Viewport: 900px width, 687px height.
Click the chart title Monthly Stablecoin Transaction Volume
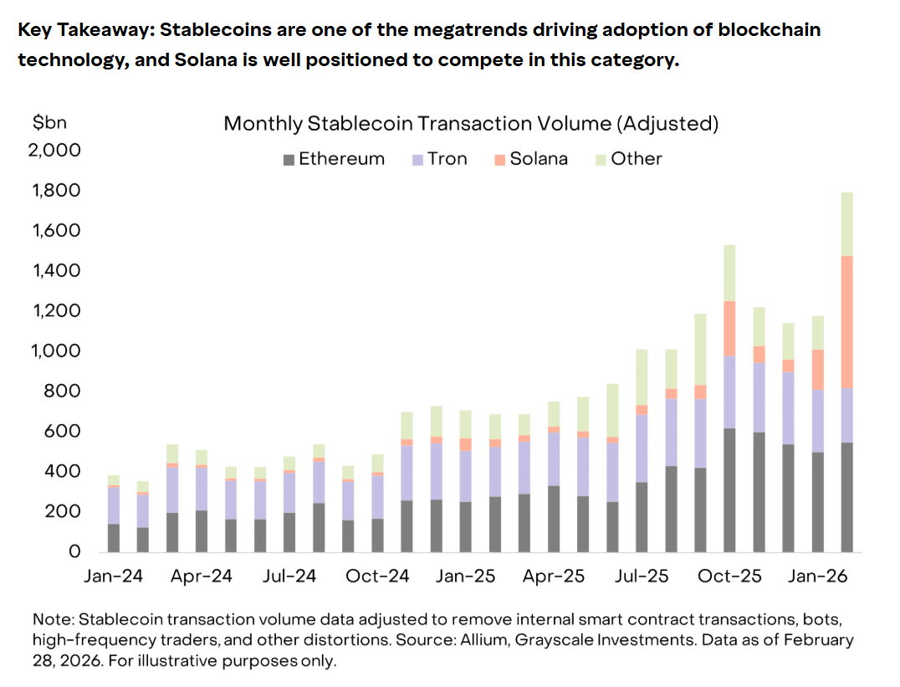471,124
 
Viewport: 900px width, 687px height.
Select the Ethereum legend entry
334,159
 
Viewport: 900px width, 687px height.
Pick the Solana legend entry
530,159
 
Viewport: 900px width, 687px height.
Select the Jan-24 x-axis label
114,577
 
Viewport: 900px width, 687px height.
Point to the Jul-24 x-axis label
289,577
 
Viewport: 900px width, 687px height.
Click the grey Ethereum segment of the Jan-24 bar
114,537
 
